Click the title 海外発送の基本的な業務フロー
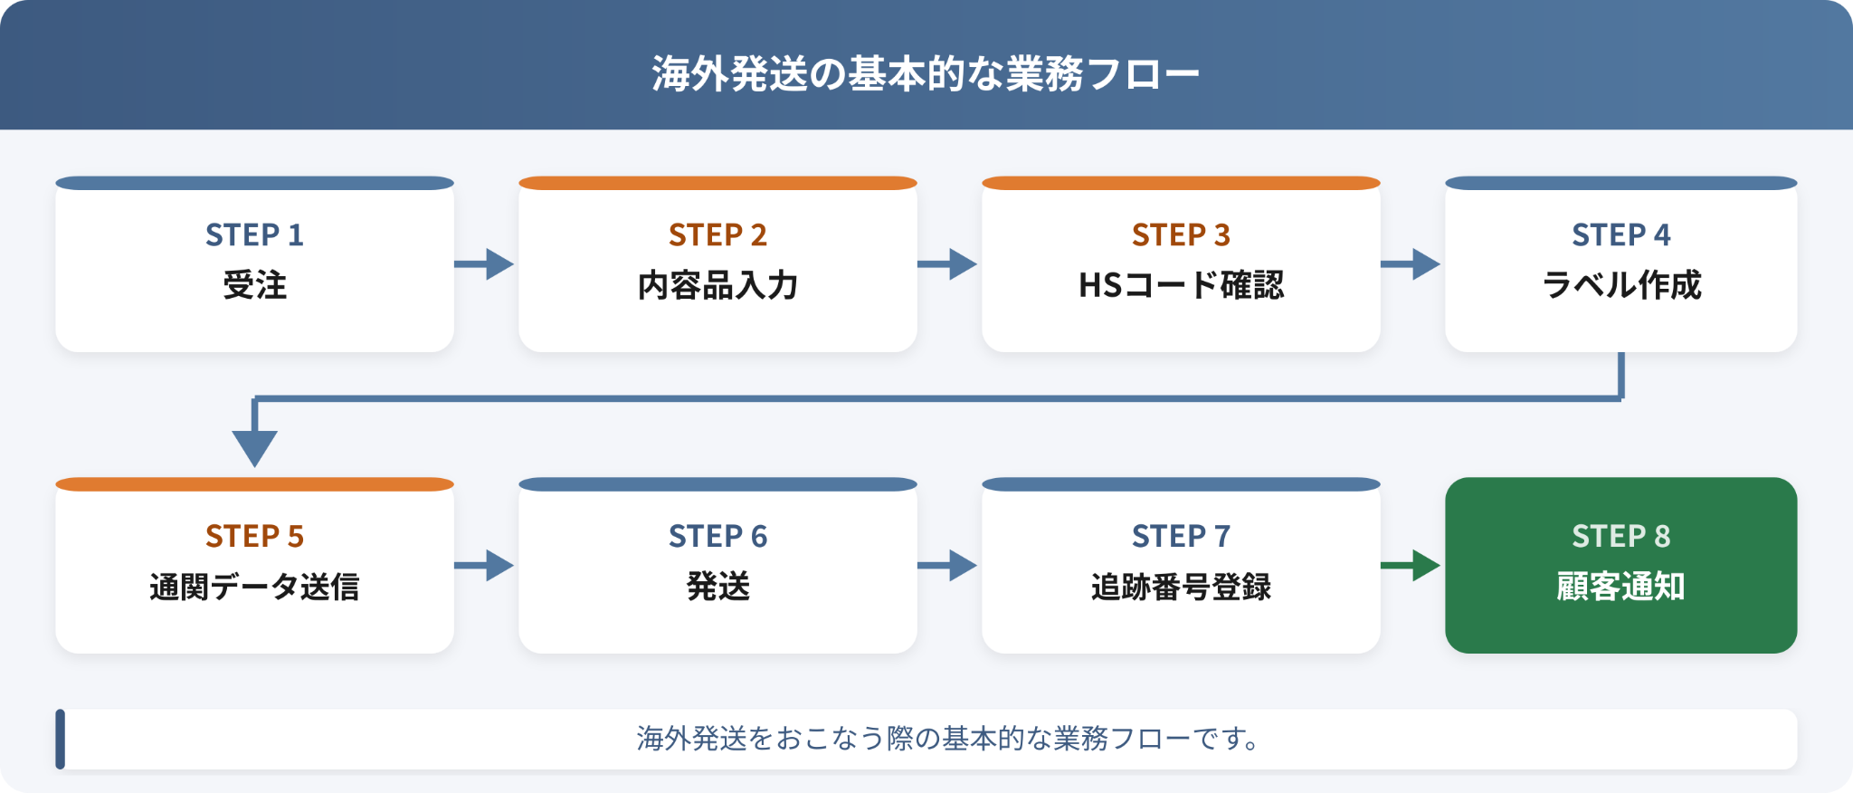[x=926, y=73]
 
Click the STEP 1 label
[x=254, y=235]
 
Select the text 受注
[x=254, y=285]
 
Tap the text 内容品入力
[x=717, y=285]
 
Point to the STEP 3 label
[x=1181, y=235]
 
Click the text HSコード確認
[x=1181, y=285]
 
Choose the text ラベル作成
[x=1621, y=285]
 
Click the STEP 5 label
[x=254, y=537]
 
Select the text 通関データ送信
[x=254, y=587]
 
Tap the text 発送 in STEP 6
[x=717, y=587]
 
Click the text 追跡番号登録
[x=1181, y=587]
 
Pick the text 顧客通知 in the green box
[x=1620, y=587]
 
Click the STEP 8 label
[x=1620, y=537]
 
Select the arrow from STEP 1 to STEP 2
[x=484, y=264]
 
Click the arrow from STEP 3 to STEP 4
[x=1411, y=264]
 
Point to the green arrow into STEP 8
[x=1411, y=566]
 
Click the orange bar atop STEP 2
[x=717, y=183]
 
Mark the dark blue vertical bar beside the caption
[x=60, y=739]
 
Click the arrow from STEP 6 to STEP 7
[x=947, y=566]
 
